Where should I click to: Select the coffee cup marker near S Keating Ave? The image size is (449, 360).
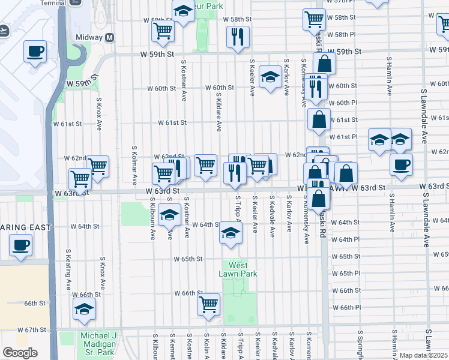20,245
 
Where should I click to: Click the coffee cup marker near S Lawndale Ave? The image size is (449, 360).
401,164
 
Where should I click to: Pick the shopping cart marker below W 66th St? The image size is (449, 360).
208,304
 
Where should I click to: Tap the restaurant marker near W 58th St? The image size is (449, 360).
238,37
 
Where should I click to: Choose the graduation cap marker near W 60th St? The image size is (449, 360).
271,77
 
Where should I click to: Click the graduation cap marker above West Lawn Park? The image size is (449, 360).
231,233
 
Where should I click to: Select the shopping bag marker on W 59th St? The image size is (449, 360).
324,63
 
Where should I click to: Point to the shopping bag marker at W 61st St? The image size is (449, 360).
319,119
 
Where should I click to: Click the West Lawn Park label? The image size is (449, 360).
238,269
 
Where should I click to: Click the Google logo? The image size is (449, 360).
20,353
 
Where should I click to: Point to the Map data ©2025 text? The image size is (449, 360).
423,355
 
